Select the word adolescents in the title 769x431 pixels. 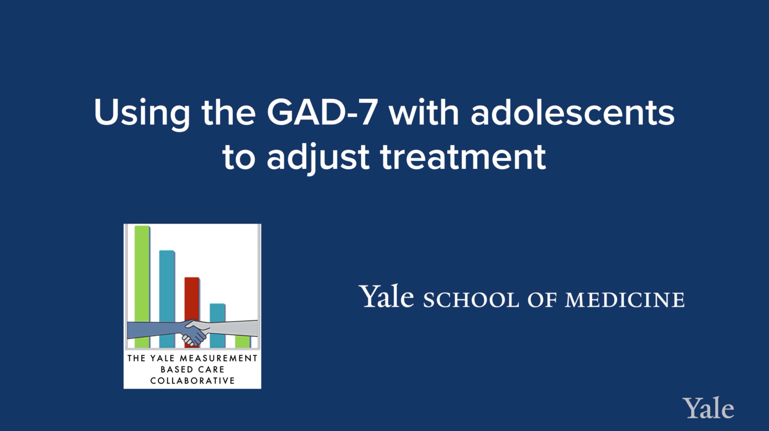point(572,113)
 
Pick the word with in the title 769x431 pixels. point(423,113)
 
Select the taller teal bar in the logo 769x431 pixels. point(167,284)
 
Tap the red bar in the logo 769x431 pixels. point(192,299)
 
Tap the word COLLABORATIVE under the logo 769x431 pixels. point(193,381)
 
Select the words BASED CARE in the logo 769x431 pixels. point(193,369)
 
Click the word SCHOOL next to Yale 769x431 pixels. point(471,300)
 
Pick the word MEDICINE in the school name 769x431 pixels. point(624,300)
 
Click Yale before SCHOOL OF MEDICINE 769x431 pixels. point(388,296)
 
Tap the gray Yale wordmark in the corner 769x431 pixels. point(708,409)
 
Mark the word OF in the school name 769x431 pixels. point(542,300)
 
